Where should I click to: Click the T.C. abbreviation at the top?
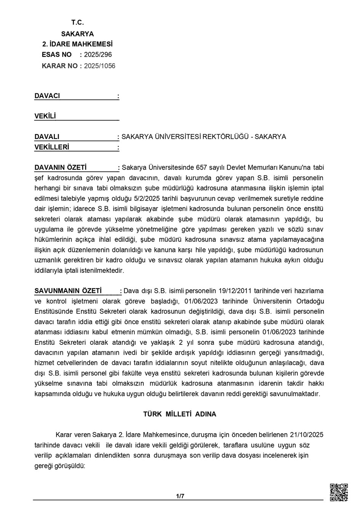pyautogui.click(x=77, y=22)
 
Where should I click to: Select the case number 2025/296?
pyautogui.click(x=98, y=54)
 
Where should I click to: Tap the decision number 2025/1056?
pyautogui.click(x=99, y=66)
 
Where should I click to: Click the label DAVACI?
pyautogui.click(x=47, y=96)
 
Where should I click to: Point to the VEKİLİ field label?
pyautogui.click(x=45, y=116)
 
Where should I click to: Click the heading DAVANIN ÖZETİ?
pyautogui.click(x=61, y=167)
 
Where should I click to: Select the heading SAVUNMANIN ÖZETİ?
pyautogui.click(x=68, y=291)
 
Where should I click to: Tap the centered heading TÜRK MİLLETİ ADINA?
pyautogui.click(x=179, y=414)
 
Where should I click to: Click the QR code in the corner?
pyautogui.click(x=338, y=492)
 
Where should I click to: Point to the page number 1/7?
pyautogui.click(x=180, y=496)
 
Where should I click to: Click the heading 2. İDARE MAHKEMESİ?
pyautogui.click(x=77, y=44)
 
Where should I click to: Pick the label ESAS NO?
pyautogui.click(x=57, y=54)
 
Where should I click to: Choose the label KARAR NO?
pyautogui.click(x=59, y=66)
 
